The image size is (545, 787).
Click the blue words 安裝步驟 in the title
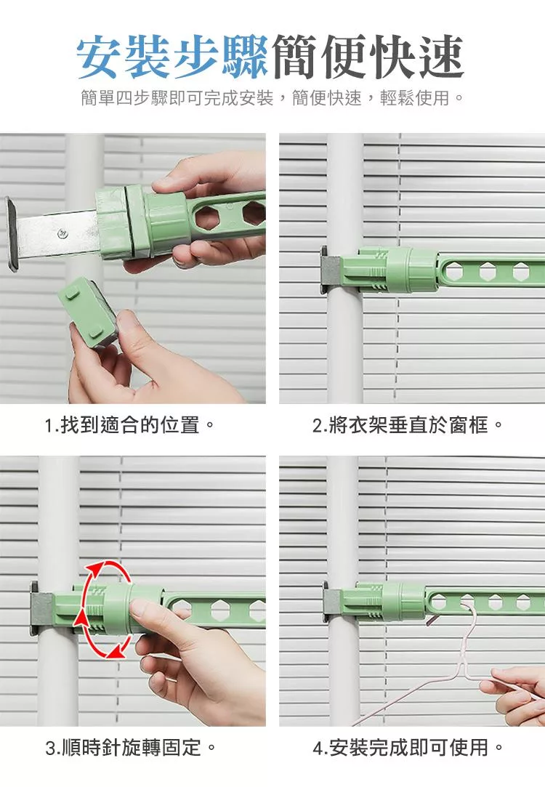(x=172, y=57)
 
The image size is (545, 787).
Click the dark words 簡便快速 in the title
(x=368, y=57)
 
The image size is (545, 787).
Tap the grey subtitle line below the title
(x=272, y=98)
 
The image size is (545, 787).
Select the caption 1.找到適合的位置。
(x=130, y=425)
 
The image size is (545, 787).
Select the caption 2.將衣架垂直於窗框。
(x=407, y=425)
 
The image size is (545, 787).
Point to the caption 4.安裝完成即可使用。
(x=407, y=748)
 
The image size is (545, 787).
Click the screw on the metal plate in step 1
(x=62, y=233)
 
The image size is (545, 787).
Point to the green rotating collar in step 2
(x=412, y=270)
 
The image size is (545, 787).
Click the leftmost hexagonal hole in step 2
(x=455, y=272)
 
